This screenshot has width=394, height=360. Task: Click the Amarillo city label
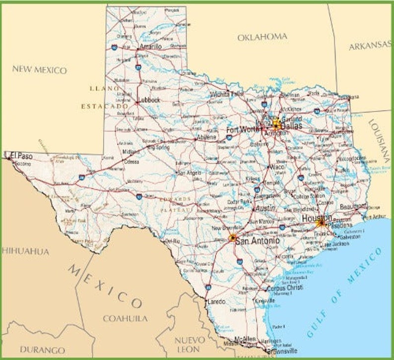[151, 47]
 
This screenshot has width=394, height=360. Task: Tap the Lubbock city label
[149, 100]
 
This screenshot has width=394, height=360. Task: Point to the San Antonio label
[257, 240]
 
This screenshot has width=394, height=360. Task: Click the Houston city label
[317, 218]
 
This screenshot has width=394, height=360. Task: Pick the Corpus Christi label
[284, 288]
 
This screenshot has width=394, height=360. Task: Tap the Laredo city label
[216, 301]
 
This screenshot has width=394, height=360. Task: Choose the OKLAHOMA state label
[262, 37]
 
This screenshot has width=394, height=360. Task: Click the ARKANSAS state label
[370, 46]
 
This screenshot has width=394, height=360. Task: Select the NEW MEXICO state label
[39, 70]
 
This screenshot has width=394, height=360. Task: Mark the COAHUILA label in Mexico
[125, 318]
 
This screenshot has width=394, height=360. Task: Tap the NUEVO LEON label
[190, 345]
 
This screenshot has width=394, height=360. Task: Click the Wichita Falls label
[226, 94]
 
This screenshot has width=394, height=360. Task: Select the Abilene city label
[206, 137]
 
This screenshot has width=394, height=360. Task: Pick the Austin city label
[265, 209]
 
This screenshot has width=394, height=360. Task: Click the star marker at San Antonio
[232, 238]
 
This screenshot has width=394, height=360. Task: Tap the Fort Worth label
[243, 130]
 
